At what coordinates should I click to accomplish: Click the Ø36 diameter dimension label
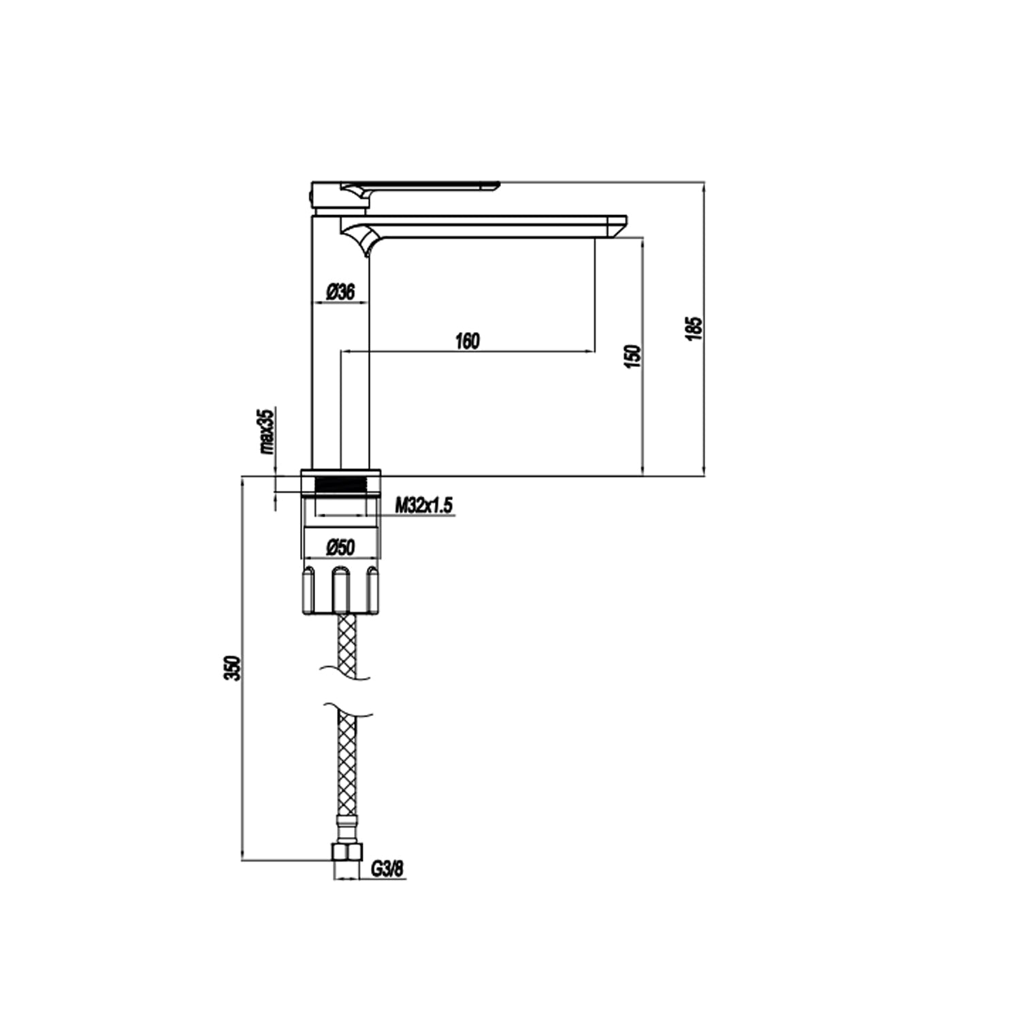click(340, 292)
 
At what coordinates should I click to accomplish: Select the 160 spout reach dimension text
click(467, 341)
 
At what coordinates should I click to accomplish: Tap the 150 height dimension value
click(632, 356)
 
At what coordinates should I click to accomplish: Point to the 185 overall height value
click(694, 329)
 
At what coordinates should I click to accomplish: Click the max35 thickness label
click(266, 432)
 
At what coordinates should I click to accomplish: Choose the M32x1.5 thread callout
click(425, 506)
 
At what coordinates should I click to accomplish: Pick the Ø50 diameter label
click(340, 547)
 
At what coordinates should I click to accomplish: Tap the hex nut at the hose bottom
click(346, 853)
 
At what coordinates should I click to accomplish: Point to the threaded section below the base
click(340, 485)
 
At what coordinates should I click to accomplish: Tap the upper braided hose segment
click(346, 643)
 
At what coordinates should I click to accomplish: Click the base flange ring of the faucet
click(340, 472)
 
